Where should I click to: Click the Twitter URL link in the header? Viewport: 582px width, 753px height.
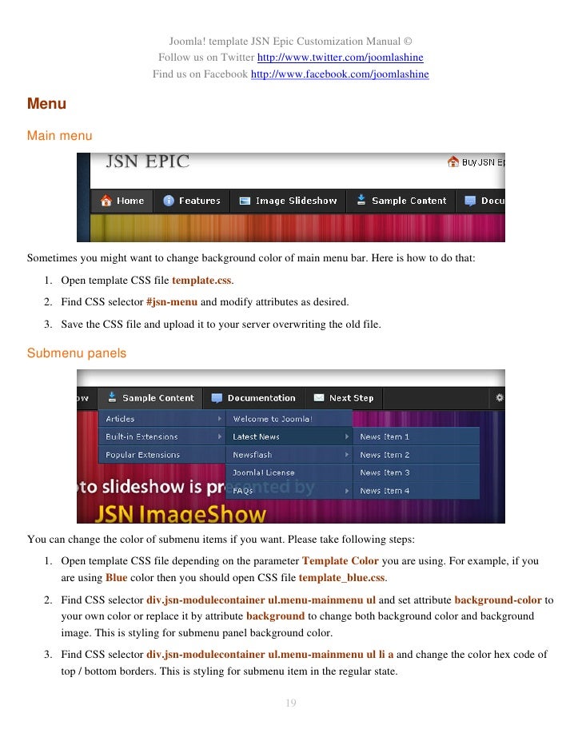340,58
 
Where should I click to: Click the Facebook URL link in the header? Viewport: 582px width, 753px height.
340,74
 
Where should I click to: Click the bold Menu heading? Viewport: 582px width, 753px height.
46,104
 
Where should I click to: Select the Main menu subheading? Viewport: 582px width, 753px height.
60,136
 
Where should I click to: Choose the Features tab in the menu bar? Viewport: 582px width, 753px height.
192,201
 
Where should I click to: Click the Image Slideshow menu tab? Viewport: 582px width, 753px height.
288,201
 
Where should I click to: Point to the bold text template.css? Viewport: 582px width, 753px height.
202,281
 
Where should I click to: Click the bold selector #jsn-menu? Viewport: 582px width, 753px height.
172,302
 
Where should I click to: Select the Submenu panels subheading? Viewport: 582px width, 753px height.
77,353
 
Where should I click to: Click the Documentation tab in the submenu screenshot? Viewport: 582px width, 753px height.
253,398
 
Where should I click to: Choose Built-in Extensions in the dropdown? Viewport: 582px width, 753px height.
142,437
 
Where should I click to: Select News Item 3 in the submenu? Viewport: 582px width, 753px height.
385,473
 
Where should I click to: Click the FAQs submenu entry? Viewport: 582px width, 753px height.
243,491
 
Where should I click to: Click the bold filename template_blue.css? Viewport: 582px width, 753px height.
341,577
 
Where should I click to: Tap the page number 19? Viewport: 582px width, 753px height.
291,703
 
